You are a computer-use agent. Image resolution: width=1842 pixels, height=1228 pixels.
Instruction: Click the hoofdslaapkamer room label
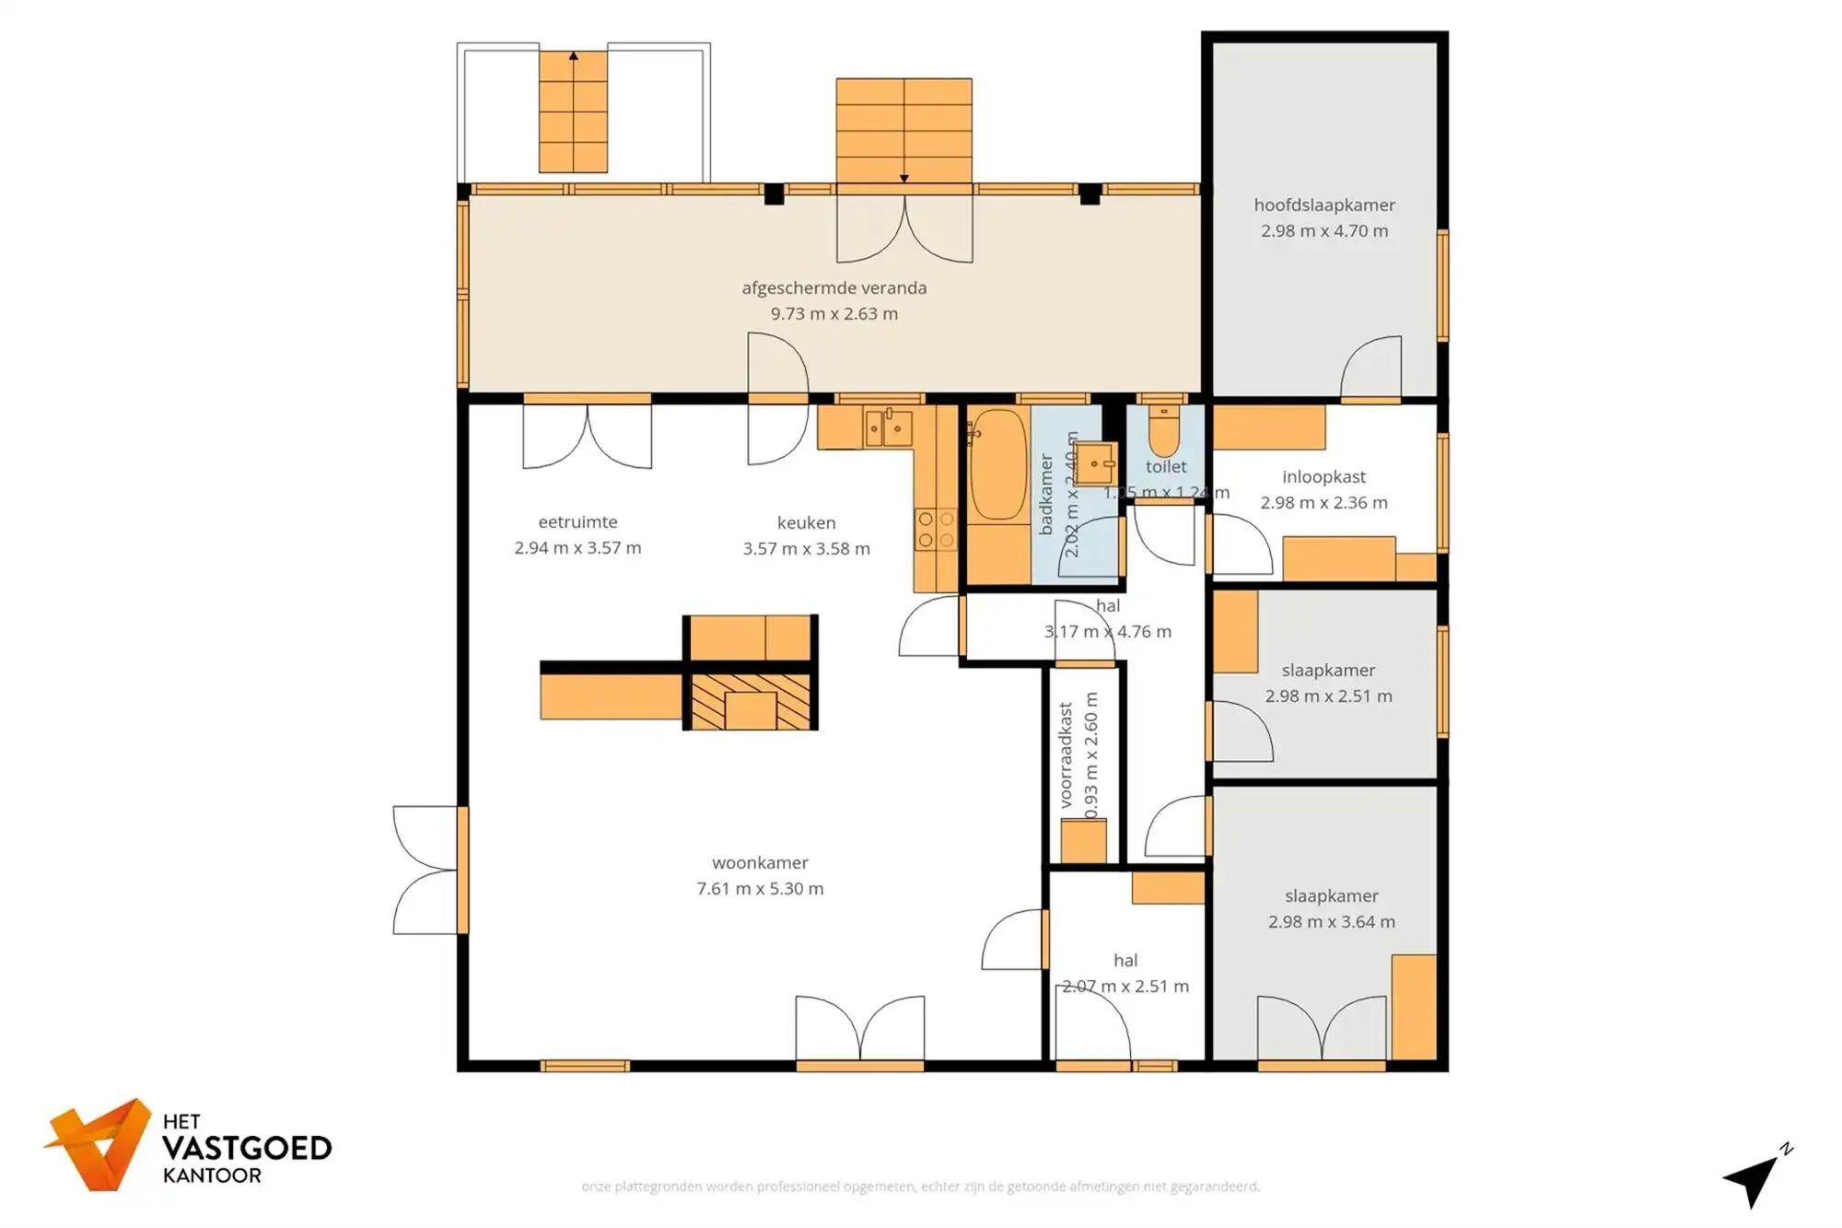[x=1323, y=205]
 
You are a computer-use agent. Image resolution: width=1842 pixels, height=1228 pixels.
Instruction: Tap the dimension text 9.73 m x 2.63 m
[x=834, y=314]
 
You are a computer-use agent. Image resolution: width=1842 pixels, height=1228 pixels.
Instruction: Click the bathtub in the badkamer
[x=997, y=466]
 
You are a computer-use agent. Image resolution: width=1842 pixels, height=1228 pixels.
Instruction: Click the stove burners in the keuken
[x=936, y=531]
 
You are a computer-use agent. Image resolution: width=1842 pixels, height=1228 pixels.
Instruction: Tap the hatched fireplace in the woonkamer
[x=751, y=702]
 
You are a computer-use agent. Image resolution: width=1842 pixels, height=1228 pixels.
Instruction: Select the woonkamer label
[x=760, y=863]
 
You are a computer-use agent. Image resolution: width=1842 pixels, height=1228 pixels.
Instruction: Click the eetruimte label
[x=577, y=522]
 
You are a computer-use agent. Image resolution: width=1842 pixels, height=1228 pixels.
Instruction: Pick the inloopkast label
[x=1323, y=477]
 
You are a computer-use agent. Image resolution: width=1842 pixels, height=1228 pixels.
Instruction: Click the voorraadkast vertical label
[x=1066, y=755]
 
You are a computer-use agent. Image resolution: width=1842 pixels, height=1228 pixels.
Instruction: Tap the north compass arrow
[x=1755, y=1176]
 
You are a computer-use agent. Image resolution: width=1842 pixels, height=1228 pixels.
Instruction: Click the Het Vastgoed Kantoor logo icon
[x=99, y=1144]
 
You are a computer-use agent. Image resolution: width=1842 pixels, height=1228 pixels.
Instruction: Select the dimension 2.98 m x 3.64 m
[x=1331, y=922]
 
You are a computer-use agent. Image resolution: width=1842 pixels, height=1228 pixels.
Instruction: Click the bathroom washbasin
[x=1094, y=463]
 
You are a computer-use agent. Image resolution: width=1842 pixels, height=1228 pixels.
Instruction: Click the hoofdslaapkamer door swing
[x=1372, y=368]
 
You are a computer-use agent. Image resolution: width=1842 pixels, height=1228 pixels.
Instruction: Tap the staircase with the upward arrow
[x=573, y=111]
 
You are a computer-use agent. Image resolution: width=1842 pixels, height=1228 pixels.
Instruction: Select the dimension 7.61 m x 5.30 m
[x=760, y=889]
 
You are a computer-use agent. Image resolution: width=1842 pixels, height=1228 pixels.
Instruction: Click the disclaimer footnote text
[x=920, y=1187]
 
